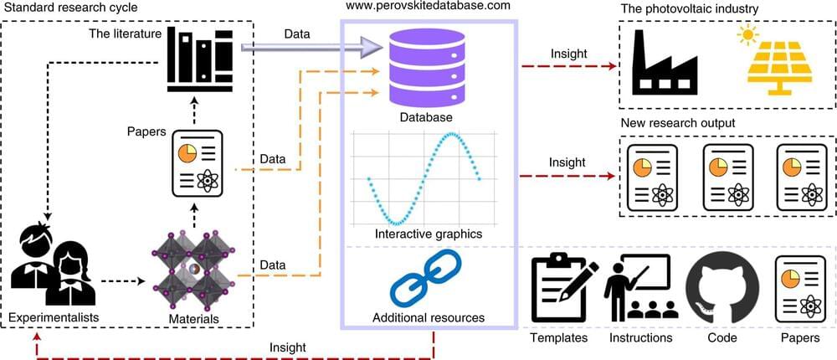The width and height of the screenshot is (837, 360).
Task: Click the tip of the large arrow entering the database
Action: [x=383, y=48]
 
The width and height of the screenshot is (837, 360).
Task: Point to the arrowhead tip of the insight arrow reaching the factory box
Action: [x=617, y=66]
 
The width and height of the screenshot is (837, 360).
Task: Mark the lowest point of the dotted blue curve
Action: [x=396, y=224]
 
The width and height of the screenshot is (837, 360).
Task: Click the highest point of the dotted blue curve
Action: [x=453, y=133]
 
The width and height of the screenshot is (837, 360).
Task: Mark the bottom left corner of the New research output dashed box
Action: [x=619, y=217]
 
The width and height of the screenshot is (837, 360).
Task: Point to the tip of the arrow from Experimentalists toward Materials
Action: [x=145, y=281]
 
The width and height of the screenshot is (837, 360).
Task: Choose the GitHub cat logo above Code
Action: [x=721, y=289]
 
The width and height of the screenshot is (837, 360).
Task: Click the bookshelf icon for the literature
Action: [x=200, y=59]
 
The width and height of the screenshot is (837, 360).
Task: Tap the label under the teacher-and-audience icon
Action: [x=640, y=337]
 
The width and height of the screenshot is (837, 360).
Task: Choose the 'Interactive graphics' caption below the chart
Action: [x=429, y=234]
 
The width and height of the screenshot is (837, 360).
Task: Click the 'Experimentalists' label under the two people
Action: [x=54, y=317]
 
